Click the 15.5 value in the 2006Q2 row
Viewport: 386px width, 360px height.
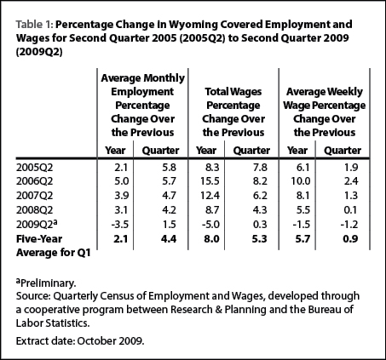210,181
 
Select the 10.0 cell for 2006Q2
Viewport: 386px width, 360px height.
301,181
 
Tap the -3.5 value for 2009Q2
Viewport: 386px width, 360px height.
119,225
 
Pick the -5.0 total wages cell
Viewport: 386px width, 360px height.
210,225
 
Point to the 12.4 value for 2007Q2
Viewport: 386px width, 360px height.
210,196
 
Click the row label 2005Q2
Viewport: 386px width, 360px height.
34,168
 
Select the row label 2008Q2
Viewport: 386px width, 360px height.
34,210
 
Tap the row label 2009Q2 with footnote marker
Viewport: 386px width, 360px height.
37,225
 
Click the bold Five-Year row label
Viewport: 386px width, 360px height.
39,239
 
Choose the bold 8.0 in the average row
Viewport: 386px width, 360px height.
211,239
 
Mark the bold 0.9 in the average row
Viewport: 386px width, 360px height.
350,239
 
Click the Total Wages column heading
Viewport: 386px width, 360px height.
233,92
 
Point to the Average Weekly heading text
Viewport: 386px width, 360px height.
325,92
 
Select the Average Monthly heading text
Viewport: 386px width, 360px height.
142,78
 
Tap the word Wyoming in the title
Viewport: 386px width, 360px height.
193,26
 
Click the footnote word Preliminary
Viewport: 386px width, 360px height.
49,283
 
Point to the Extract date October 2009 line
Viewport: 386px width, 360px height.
80,341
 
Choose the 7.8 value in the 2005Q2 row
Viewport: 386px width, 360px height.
260,168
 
